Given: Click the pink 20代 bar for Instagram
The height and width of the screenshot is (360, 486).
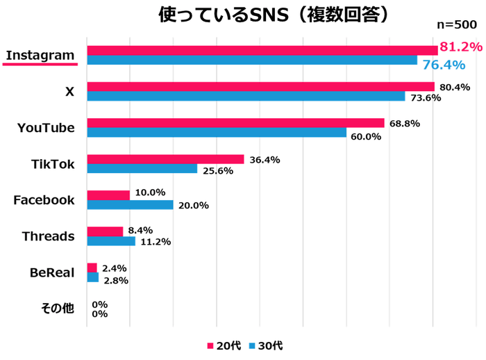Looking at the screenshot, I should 262,50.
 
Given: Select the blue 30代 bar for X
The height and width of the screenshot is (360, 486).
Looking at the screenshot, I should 246,97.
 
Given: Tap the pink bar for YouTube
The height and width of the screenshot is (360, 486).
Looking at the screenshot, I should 235,123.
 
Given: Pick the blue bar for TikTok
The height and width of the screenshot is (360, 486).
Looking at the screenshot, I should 142,169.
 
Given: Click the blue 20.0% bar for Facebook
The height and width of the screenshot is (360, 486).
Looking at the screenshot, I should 130,205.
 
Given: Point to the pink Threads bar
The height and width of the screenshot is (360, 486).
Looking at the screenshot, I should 105,231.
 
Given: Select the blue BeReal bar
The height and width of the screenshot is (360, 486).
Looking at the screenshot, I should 93,277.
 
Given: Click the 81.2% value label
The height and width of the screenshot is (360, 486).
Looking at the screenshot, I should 460,47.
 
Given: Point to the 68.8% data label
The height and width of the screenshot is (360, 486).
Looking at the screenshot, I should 403,123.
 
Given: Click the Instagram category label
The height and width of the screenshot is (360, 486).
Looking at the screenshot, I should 40,55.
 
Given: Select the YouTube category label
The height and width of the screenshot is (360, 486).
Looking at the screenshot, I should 46,127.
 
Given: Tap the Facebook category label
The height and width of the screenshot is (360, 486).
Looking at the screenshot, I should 44,200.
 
